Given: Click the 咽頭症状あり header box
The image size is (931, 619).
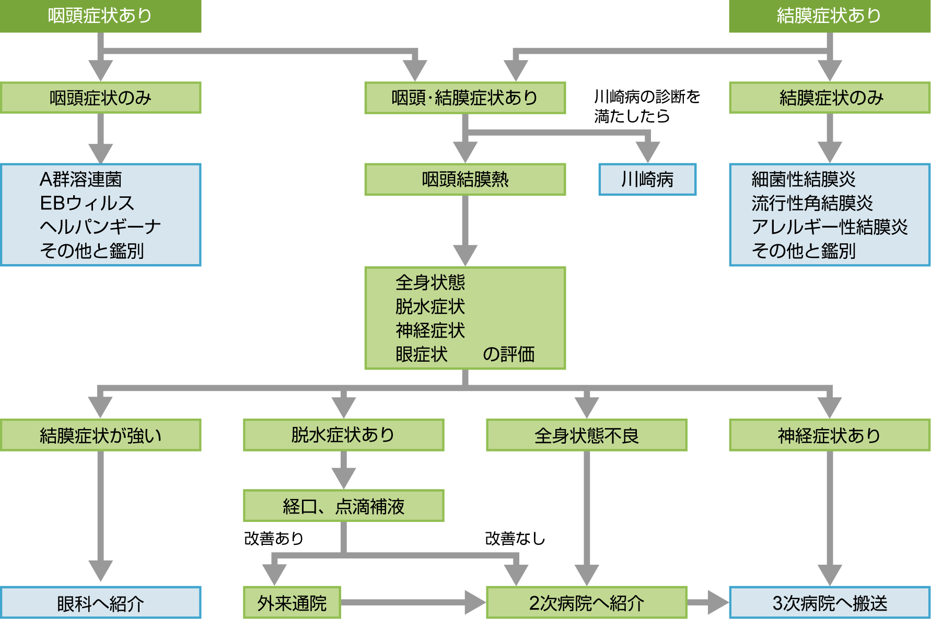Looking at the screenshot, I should click(100, 16).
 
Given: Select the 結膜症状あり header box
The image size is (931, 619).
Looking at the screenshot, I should click(829, 16).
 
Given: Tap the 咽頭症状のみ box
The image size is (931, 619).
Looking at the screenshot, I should click(100, 98).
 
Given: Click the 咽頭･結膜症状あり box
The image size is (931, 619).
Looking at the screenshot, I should click(464, 98).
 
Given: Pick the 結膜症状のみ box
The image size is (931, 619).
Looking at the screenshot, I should click(830, 98).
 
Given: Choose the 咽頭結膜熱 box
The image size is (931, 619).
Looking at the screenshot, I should click(464, 180).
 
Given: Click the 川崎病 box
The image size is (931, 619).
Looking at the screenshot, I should click(647, 180).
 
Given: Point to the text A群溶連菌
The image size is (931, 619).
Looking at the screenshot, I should click(81, 180).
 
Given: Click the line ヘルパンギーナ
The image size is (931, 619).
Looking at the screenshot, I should click(100, 227).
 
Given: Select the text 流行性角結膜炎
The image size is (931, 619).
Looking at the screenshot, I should click(812, 203).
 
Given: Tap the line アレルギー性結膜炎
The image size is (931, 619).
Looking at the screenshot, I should click(830, 227).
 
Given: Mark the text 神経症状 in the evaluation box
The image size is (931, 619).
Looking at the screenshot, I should click(430, 330).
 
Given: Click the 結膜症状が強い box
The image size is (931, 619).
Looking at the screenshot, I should click(100, 435).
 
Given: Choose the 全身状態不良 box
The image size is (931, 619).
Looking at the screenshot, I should click(586, 435).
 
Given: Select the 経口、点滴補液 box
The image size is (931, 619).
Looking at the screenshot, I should click(343, 506).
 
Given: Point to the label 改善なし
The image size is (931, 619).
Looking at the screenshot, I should click(515, 538).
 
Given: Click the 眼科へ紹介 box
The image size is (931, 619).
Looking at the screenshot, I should click(100, 603).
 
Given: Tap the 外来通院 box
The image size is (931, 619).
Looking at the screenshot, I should click(292, 603).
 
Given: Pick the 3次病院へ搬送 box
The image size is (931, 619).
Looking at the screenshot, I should click(830, 603).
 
